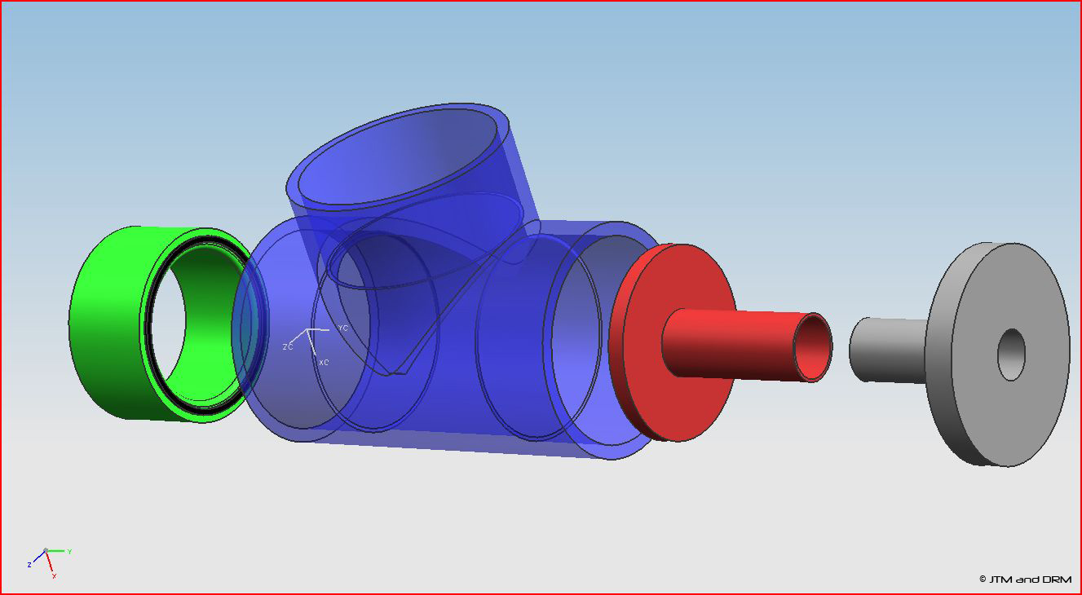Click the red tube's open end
click(812, 347)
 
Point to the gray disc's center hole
click(1011, 355)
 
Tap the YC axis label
click(343, 328)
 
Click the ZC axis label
click(288, 346)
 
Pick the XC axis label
click(324, 362)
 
